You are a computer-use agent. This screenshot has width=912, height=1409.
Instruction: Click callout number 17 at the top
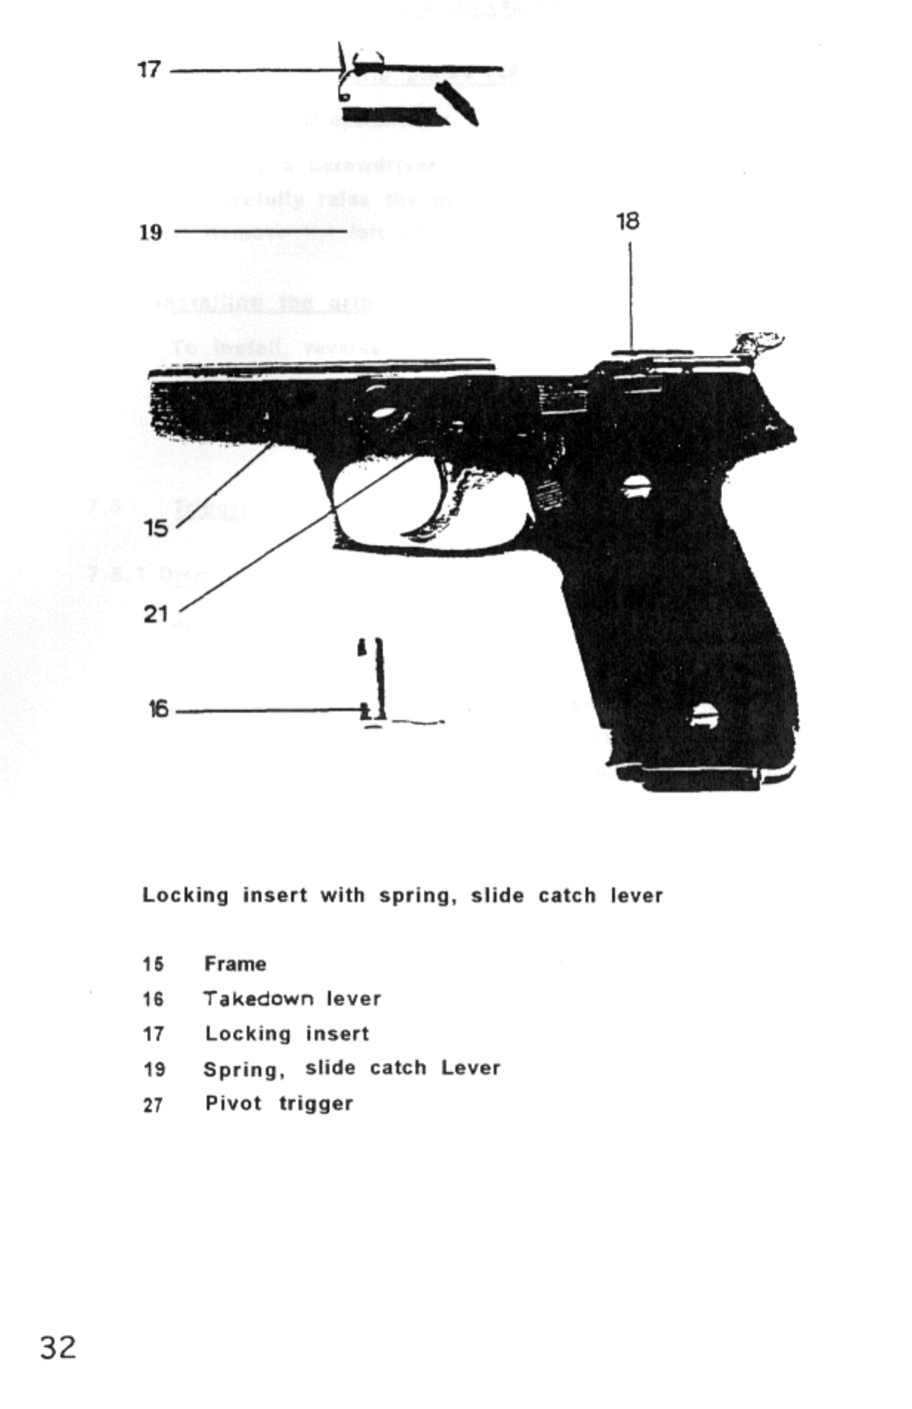pos(149,70)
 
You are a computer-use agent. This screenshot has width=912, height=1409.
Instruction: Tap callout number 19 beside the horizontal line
pos(151,233)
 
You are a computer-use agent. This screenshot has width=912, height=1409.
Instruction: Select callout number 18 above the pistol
pos(627,221)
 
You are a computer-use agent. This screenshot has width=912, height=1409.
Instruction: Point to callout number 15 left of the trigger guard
pos(156,528)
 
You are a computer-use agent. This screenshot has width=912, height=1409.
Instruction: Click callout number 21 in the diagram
pos(156,614)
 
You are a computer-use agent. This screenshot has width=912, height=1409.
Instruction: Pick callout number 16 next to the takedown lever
pos(158,710)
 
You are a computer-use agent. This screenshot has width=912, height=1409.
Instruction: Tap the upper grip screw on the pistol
pos(633,486)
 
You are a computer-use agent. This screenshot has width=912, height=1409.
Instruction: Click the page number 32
pos(58,1347)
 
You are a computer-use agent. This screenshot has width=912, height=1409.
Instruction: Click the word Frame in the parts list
pos(235,964)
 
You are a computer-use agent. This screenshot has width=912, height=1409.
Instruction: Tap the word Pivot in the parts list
pos(233,1104)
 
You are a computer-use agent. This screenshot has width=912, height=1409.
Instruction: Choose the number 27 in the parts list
pos(152,1105)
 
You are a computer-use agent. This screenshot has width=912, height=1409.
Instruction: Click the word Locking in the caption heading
pos(186,895)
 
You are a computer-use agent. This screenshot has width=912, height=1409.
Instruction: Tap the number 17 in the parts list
pos(152,1034)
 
